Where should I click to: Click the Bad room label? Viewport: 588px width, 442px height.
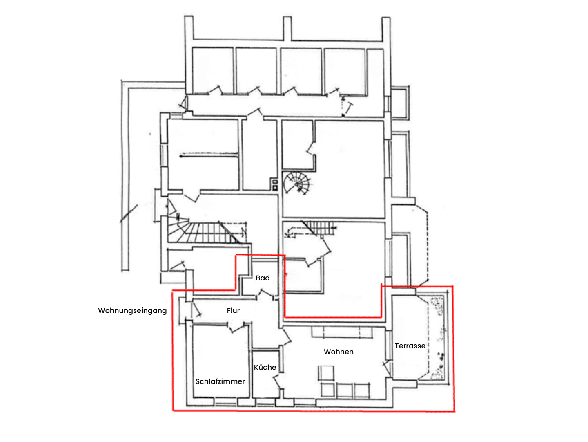pyautogui.click(x=263, y=278)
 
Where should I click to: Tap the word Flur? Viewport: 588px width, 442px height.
pyautogui.click(x=233, y=311)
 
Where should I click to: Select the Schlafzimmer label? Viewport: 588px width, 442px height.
pyautogui.click(x=220, y=381)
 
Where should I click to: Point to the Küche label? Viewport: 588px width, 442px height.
pyautogui.click(x=265, y=368)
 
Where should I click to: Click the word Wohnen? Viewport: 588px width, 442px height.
pyautogui.click(x=339, y=352)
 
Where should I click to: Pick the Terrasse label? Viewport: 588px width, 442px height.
pyautogui.click(x=410, y=346)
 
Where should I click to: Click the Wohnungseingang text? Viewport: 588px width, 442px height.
pyautogui.click(x=132, y=311)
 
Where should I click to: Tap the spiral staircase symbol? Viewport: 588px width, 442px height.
pyautogui.click(x=296, y=184)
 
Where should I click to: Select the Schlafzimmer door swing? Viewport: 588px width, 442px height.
pyautogui.click(x=236, y=328)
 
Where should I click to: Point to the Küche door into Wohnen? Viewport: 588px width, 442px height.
pyautogui.click(x=278, y=382)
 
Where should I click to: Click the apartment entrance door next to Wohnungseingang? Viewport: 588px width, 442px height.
pyautogui.click(x=196, y=310)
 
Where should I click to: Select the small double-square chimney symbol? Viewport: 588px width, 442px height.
pyautogui.click(x=274, y=185)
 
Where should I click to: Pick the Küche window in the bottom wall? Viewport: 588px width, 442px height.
pyautogui.click(x=265, y=402)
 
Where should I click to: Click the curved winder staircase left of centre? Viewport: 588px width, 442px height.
pyautogui.click(x=204, y=231)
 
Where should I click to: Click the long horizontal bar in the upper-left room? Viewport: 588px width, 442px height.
pyautogui.click(x=209, y=155)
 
